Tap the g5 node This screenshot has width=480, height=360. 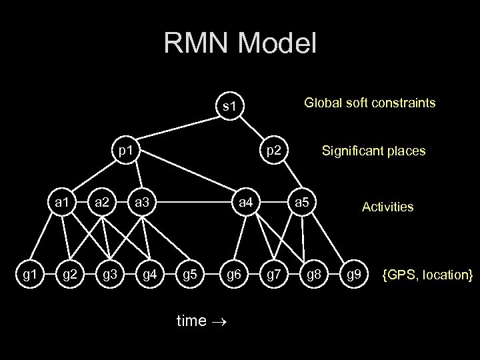point(191,273)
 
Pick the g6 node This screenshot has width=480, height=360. point(233,273)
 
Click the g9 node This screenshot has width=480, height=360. point(355,273)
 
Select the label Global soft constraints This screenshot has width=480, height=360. point(369,103)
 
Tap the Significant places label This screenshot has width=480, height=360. point(373,152)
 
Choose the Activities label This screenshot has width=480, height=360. point(387,207)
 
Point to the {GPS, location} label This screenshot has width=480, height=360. point(427,274)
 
